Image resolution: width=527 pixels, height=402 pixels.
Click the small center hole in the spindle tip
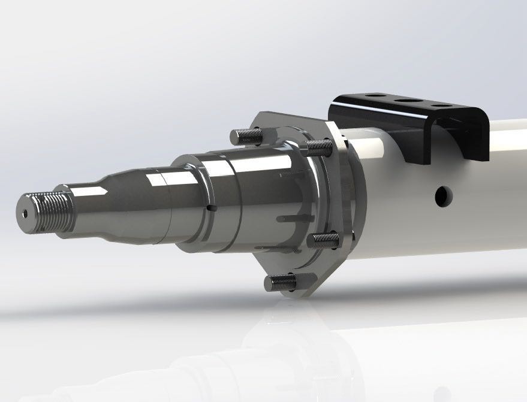click(25, 213)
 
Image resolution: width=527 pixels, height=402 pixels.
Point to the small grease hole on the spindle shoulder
click(210, 208)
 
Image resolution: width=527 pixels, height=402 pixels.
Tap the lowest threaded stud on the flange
click(279, 282)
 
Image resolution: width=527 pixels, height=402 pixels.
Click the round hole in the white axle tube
click(444, 195)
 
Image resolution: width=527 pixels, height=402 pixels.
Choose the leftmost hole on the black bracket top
click(377, 95)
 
